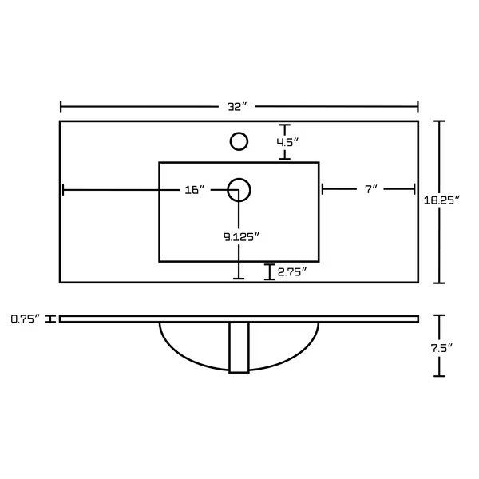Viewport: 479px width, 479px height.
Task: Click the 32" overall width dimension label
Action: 237,107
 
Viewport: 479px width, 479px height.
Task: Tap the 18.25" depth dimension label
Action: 441,200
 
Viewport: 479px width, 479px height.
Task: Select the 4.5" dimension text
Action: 287,142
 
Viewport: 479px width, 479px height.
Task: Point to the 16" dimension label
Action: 195,190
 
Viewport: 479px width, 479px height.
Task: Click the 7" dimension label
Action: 371,189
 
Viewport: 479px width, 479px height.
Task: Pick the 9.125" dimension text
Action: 241,237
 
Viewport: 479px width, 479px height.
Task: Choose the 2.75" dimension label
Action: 291,271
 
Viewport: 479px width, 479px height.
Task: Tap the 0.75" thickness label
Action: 26,319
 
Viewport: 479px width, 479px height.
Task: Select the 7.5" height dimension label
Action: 441,348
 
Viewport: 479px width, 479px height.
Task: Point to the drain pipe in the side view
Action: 239,347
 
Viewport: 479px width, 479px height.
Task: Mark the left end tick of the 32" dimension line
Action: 61,107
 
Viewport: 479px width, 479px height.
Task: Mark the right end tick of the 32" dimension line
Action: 418,107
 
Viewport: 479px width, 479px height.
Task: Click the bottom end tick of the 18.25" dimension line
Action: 439,283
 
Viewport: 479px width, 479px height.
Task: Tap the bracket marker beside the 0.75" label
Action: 50,319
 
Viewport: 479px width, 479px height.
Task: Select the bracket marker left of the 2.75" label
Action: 270,271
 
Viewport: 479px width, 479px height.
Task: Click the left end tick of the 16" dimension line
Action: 63,190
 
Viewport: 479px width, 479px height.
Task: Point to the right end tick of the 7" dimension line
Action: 414,189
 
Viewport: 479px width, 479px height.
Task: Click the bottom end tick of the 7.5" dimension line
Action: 439,376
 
